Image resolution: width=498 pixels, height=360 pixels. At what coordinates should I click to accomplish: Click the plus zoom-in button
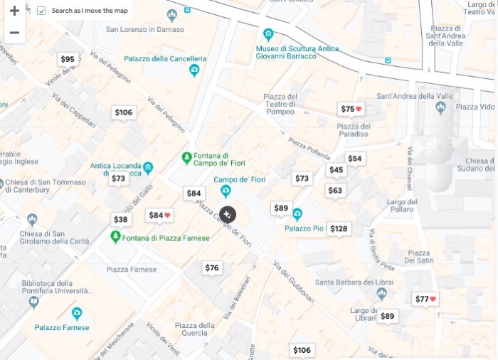(14, 11)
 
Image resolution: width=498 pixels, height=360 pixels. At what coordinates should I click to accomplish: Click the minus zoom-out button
(14, 33)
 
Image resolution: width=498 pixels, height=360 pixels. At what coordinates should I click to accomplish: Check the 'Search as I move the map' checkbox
(41, 11)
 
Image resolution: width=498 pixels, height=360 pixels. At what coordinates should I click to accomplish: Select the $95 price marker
(68, 59)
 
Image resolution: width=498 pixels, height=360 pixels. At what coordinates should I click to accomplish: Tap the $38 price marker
(121, 219)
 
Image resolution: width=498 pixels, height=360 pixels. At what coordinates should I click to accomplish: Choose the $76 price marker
(212, 268)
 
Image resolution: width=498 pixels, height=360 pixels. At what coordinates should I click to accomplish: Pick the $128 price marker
(339, 228)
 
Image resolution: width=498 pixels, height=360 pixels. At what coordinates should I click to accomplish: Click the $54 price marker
(354, 158)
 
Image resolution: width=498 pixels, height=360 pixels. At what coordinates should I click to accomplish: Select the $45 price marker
(336, 170)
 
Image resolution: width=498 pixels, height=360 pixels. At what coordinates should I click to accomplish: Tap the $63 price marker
(335, 190)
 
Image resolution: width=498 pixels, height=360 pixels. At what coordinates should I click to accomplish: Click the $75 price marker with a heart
(351, 109)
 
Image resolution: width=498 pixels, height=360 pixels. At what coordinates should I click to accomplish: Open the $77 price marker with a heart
(425, 299)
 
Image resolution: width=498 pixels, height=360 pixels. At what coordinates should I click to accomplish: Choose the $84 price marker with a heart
(159, 215)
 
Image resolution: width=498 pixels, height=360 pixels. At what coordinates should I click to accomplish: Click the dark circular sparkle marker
(228, 214)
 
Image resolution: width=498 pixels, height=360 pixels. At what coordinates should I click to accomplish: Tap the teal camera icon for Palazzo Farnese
(77, 313)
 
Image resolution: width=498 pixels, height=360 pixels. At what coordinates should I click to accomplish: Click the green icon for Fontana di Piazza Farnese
(115, 236)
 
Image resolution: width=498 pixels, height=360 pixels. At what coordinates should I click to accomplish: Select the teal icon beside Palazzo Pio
(297, 214)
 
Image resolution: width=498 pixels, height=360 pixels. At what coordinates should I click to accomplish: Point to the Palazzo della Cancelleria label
(165, 59)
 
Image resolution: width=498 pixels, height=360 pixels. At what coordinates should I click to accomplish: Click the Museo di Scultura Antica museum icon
(267, 34)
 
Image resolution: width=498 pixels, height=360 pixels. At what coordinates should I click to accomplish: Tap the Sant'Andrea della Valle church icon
(440, 107)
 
